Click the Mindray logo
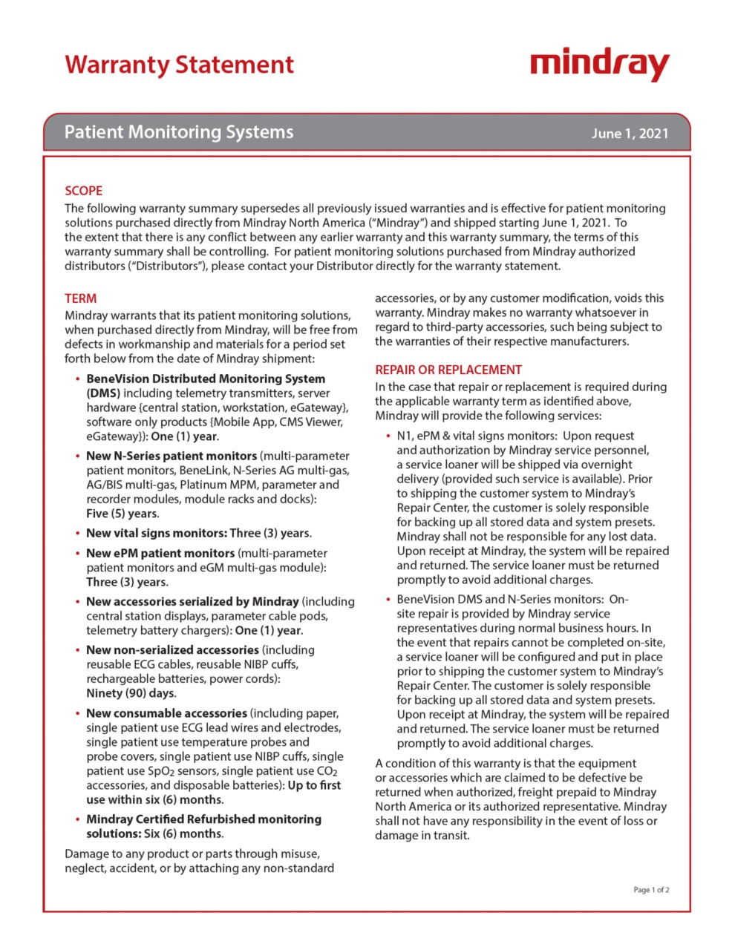point(600,65)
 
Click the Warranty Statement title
point(179,65)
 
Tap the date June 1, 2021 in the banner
point(630,134)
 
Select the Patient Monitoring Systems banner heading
point(179,132)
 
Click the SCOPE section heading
point(83,191)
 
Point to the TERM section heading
point(80,298)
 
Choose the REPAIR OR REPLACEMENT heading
point(448,370)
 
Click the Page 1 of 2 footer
point(651,889)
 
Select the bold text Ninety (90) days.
point(131,693)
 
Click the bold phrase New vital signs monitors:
point(156,533)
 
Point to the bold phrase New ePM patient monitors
point(160,553)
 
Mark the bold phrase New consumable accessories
point(166,713)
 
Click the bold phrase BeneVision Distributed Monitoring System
point(206,379)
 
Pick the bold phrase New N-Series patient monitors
point(171,456)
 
